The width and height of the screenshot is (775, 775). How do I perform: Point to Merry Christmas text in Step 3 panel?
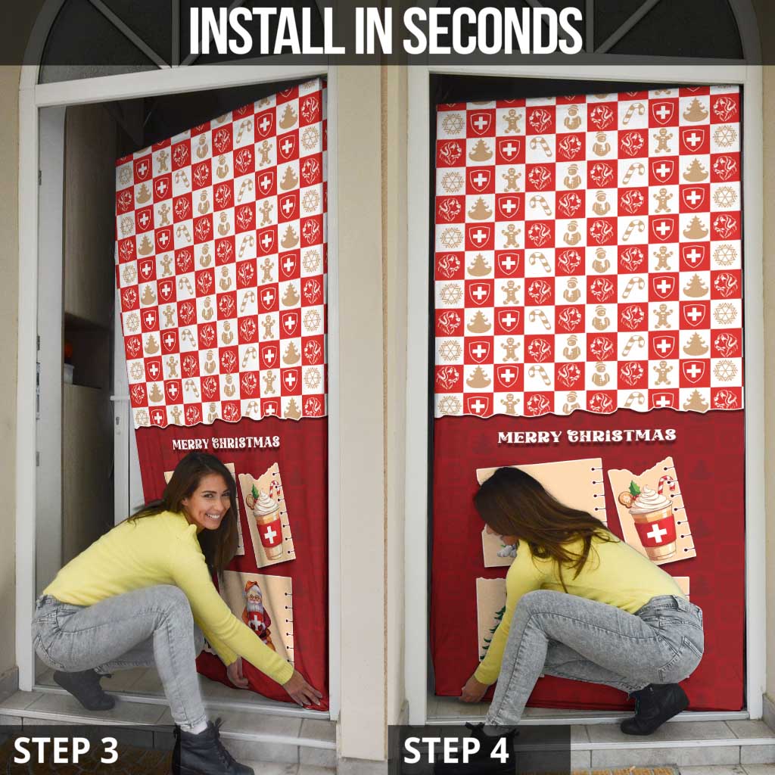[x=226, y=443]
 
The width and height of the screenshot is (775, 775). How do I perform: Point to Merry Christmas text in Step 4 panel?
[x=587, y=436]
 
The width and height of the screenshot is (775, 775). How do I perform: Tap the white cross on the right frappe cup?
[x=656, y=533]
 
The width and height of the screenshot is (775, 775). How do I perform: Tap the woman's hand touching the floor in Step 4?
[x=472, y=690]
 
